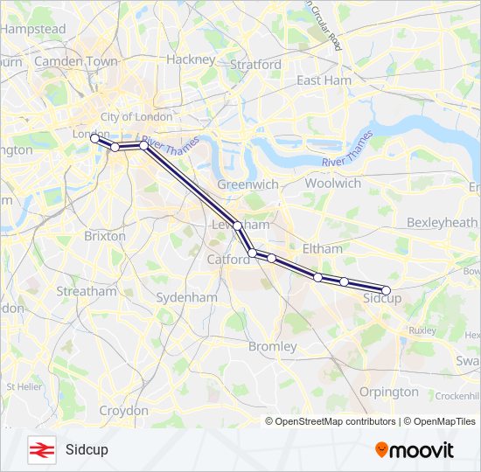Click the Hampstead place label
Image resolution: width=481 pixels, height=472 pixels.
pos(33,29)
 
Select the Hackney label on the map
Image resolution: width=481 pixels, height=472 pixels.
pos(190,59)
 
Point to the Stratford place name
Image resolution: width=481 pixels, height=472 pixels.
pos(255,65)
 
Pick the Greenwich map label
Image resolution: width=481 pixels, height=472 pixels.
pos(247,184)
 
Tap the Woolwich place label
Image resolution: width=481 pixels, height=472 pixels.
pos(332,184)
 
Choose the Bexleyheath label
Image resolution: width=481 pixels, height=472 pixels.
pos(442,223)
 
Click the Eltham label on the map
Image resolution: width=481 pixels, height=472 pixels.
pos(322,248)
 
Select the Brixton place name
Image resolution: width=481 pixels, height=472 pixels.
pos(105,236)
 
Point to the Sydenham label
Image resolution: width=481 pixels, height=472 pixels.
pos(186,297)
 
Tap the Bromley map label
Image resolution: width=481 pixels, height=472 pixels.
pos(273,346)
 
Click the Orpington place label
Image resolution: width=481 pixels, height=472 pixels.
pos(388,392)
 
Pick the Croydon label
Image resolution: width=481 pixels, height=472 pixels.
pos(123,410)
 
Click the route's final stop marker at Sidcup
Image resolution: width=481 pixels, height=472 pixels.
pos(387,290)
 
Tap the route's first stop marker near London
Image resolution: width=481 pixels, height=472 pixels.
pos(94,138)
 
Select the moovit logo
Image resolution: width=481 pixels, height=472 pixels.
pos(415,450)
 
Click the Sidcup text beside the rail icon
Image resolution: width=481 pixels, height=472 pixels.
pos(86,450)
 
